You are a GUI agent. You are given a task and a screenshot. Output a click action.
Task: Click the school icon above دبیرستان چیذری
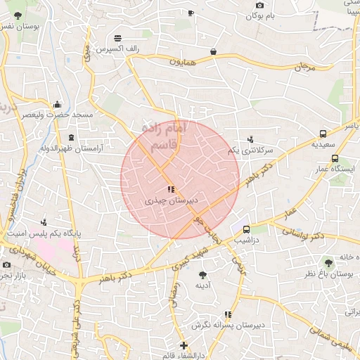click(170, 189)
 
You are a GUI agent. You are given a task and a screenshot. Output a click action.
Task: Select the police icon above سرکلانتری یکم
click(250, 139)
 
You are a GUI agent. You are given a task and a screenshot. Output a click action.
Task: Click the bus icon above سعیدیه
click(323, 133)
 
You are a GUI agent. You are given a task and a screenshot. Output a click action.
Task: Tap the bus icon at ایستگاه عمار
click(335, 159)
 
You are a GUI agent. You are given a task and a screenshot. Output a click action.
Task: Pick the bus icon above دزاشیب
click(246, 229)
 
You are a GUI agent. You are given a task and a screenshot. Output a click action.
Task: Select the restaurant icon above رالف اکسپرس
click(117, 38)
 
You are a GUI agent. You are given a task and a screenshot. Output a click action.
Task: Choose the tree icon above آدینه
click(202, 275)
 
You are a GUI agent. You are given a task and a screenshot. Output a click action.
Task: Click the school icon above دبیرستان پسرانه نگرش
click(226, 314)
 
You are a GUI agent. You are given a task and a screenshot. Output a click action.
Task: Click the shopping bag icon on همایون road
click(212, 51)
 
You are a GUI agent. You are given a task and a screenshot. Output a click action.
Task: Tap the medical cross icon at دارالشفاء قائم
click(184, 345)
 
